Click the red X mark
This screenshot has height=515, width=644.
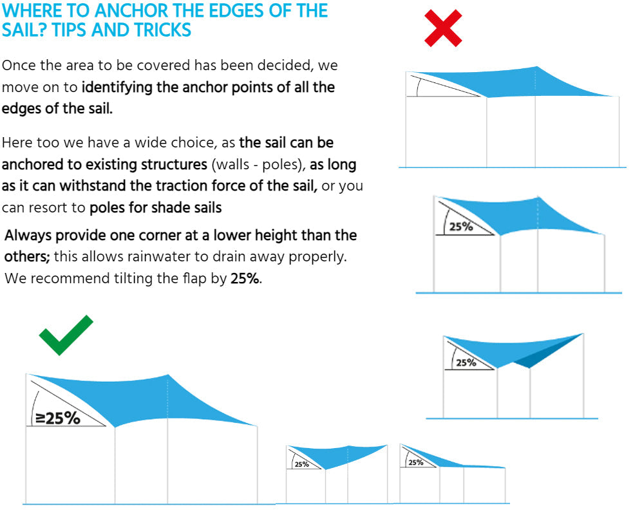coord(444,28)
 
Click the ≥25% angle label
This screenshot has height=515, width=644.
coord(58,418)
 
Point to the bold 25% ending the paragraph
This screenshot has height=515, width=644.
coord(245,279)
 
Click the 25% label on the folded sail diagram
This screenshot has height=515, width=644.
coord(466,362)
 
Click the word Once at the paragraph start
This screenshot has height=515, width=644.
coord(17,65)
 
